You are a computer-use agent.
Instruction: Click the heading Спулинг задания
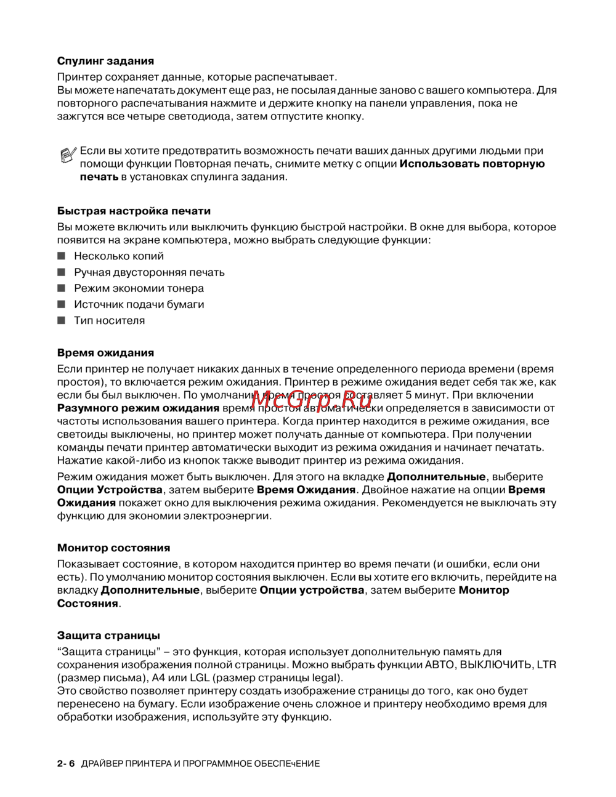point(105,61)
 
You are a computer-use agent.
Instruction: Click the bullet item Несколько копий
point(119,256)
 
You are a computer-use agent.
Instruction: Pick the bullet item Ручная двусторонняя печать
point(149,272)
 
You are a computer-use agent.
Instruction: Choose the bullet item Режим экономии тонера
point(139,288)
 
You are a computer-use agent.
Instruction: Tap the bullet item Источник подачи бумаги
point(139,304)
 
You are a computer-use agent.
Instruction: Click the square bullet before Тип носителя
point(61,320)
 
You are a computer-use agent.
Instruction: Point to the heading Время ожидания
point(105,353)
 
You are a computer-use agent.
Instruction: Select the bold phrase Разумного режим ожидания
point(138,408)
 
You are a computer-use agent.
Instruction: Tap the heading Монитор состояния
point(113,548)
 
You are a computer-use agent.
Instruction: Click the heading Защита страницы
point(108,635)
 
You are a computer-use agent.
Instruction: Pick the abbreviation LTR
point(546,665)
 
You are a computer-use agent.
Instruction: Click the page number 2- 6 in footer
point(65,764)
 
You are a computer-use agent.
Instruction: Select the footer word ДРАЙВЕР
point(102,764)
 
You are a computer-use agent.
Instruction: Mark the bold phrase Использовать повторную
point(472,164)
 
